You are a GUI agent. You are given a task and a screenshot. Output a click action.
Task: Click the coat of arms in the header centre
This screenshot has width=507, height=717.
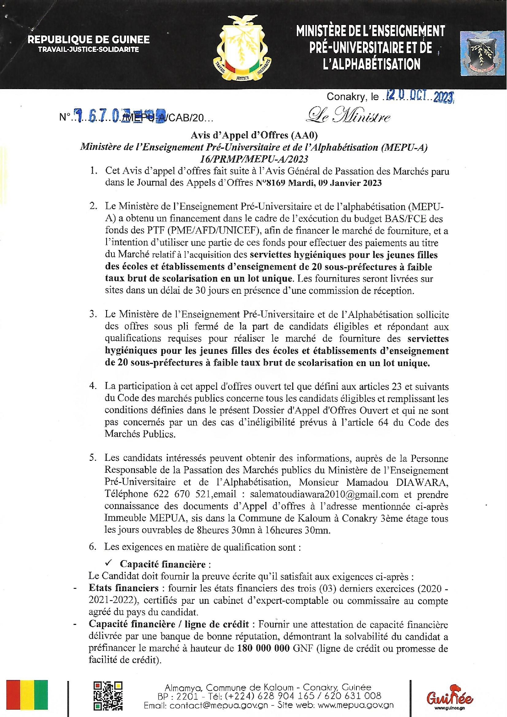coord(242,48)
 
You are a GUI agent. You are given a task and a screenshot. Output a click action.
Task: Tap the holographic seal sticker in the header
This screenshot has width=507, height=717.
coord(482,53)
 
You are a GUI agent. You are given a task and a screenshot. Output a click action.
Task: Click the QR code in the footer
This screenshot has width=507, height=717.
coord(108,696)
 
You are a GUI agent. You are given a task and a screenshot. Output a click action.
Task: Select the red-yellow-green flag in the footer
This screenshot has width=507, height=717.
coord(27,695)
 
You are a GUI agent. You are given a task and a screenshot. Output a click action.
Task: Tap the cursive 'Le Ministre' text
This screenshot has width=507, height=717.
coord(348,116)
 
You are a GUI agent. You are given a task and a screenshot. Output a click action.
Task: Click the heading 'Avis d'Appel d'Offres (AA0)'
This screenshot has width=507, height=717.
coord(254,135)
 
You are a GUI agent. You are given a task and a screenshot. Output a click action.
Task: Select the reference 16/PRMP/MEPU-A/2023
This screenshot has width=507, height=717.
coord(254,159)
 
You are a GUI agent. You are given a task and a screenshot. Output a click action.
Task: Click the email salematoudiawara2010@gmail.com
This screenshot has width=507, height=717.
coord(325,494)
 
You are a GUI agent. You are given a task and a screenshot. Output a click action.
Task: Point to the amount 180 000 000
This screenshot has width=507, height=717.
coord(263,648)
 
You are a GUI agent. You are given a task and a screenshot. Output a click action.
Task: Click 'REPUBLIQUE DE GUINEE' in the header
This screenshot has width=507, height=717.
coord(89,40)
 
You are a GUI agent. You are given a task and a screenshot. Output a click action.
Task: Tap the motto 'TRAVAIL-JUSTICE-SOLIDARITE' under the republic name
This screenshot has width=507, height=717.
coord(89,50)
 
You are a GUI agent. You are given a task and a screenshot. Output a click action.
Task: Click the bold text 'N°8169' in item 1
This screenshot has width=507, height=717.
coord(270,183)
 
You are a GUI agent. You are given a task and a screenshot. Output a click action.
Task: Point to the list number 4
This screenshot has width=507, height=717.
coord(93,386)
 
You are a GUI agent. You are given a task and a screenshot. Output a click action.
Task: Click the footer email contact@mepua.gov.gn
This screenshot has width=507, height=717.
coord(219,706)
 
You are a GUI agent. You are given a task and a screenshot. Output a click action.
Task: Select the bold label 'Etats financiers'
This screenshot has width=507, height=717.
coord(123,588)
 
